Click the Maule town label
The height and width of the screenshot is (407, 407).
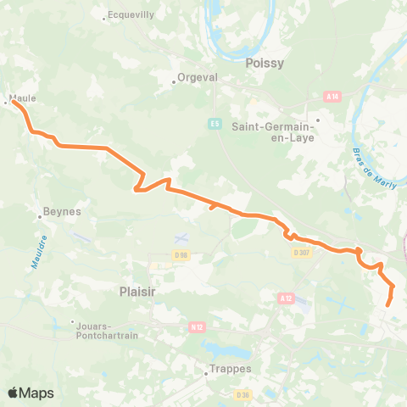23,98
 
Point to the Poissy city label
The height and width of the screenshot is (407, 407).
264,63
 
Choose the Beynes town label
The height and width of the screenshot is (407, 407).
64,212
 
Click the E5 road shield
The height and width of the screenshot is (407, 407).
215,124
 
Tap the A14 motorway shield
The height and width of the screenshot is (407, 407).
332,97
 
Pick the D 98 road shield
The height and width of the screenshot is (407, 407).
181,254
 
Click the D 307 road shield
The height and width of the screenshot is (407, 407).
301,252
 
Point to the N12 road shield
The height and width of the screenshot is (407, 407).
197,326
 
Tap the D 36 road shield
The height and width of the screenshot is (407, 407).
244,394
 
